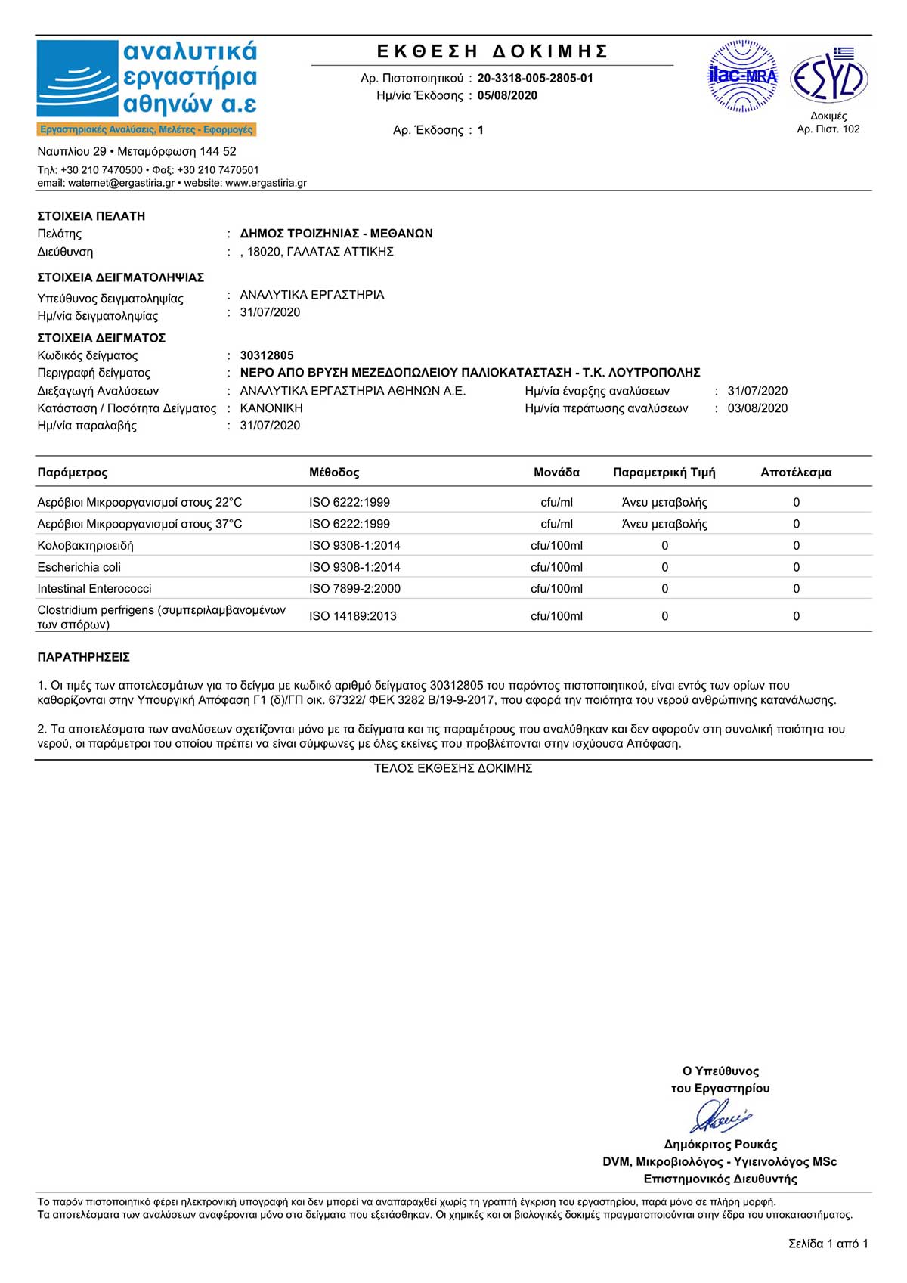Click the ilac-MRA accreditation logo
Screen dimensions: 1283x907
tap(742, 76)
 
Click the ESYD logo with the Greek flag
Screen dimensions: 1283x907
tap(828, 77)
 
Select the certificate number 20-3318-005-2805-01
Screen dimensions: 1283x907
tap(535, 78)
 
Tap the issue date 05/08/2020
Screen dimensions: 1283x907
tap(507, 95)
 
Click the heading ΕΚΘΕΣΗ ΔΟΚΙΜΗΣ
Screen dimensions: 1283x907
tap(493, 51)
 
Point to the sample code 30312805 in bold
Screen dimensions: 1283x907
tap(267, 355)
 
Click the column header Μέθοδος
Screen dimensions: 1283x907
tap(334, 473)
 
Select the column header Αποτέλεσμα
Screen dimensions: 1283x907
tap(796, 473)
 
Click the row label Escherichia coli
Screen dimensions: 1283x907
tap(79, 567)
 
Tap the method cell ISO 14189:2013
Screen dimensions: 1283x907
tap(353, 616)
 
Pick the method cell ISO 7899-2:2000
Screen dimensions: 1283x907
tap(355, 589)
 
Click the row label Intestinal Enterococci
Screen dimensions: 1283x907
tap(94, 589)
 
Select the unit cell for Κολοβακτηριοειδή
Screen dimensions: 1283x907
tap(556, 546)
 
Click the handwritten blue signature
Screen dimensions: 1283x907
tap(720, 1116)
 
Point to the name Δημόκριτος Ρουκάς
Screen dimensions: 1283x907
tap(720, 1145)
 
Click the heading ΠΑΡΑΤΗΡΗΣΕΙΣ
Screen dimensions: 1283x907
tap(84, 658)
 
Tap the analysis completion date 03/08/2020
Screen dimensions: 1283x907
tap(757, 408)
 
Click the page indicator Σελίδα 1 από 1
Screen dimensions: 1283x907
tap(828, 1244)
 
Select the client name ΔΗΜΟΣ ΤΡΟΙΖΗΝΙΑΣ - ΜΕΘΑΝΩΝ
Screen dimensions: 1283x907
tap(336, 234)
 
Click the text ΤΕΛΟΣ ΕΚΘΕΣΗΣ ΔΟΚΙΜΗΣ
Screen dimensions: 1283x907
tap(453, 768)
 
